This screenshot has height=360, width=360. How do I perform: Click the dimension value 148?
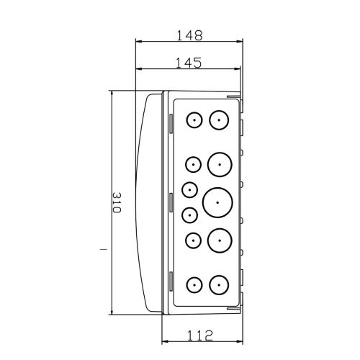coord(189,35)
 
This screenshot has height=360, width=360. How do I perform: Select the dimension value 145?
coord(189,63)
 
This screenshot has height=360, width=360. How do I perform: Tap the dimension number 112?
coord(199,336)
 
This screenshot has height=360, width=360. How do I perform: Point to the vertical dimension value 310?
coord(117,202)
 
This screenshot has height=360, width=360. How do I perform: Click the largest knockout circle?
coord(217,202)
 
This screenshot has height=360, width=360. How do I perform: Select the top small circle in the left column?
coord(194,120)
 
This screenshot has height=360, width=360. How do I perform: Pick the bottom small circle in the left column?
coord(194,285)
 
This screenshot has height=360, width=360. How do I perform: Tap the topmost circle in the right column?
coord(219,120)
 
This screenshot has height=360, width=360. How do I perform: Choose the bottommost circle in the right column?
coord(219,285)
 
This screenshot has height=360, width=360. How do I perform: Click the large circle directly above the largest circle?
coord(220,165)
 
